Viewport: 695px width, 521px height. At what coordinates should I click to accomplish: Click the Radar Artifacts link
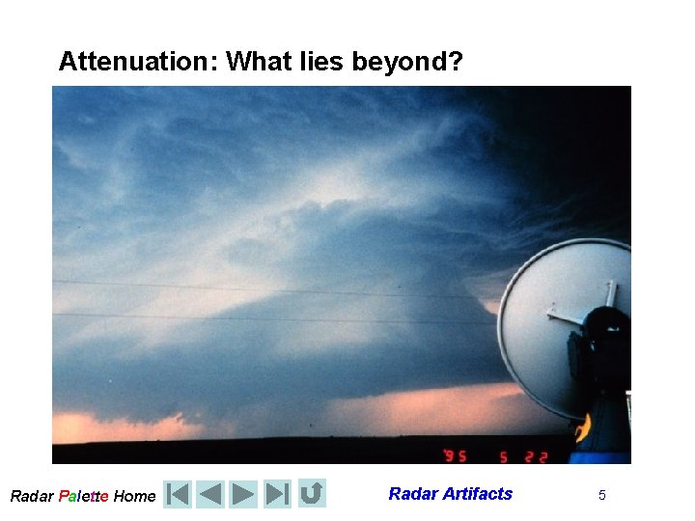coord(450,494)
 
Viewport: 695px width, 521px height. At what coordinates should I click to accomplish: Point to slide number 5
coord(602,495)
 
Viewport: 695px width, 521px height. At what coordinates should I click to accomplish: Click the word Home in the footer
coord(134,496)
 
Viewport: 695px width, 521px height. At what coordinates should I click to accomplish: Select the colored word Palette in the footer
coord(83,496)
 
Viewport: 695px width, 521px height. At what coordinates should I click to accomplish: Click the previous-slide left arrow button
coord(210,494)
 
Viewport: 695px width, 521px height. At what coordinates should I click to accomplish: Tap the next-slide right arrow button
coord(243,494)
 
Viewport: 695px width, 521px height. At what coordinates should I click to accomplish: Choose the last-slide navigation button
coord(277,494)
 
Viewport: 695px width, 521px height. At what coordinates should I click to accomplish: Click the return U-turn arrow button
coord(311,494)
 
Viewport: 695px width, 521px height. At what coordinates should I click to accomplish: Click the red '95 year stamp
coord(456,452)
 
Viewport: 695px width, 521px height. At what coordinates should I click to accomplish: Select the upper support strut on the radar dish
coord(609,292)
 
